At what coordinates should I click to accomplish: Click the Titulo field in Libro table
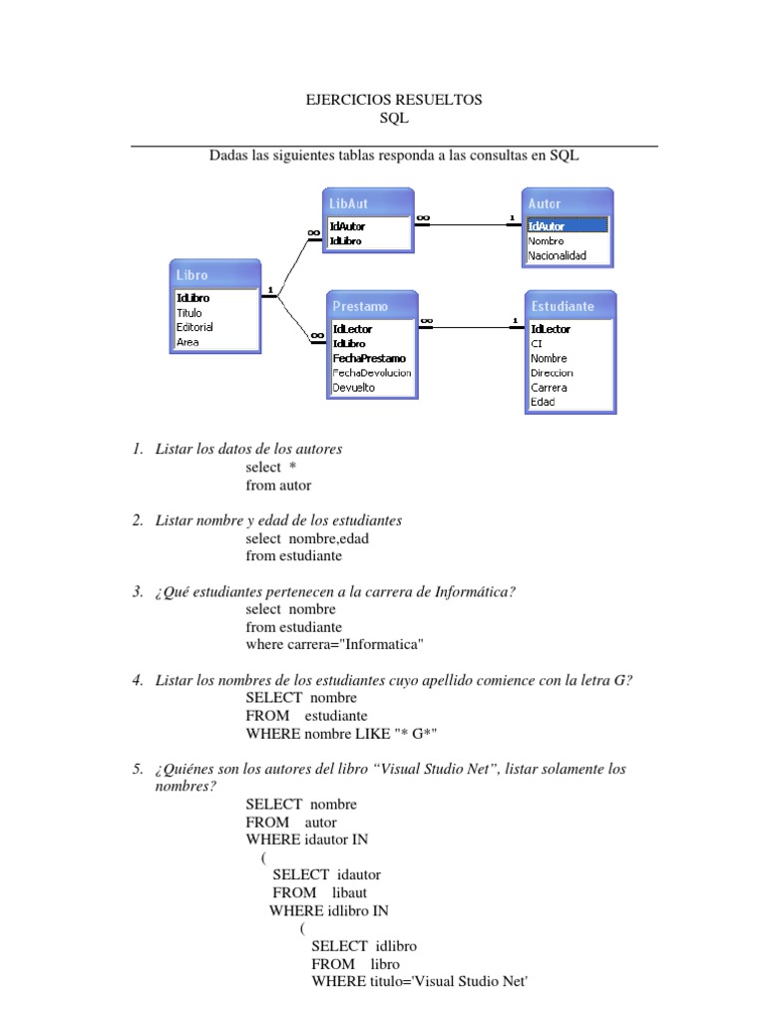pos(190,313)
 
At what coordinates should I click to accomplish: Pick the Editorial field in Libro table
pos(194,327)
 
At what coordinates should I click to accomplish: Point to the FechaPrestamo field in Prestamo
pos(369,358)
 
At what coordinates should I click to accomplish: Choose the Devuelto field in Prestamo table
pos(354,387)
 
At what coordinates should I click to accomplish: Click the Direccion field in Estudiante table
pos(552,373)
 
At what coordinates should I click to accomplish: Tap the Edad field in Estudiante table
pos(543,402)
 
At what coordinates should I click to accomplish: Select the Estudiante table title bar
pos(570,306)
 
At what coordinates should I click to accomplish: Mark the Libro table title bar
pos(217,274)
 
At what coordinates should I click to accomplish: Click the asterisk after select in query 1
pos(293,468)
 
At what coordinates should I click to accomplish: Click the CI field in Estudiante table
pos(537,343)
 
